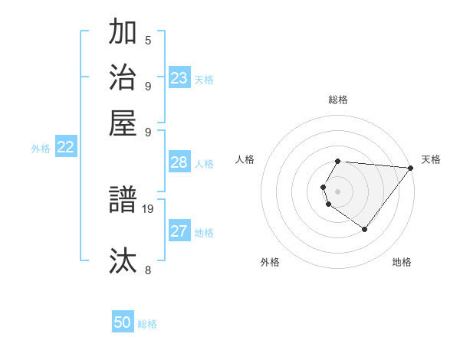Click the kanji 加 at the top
pos(123,33)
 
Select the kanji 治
pos(123,77)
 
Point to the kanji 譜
pos(123,201)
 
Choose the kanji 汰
pos(123,260)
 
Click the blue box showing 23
pos(179,78)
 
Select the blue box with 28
pos(179,162)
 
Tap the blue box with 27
pos(179,231)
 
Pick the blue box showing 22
pos(65,147)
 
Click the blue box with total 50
pos(123,322)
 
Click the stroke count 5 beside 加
pos(148,40)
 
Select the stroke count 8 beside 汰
pos(148,270)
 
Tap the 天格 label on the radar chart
pos(431,159)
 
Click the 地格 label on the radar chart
pos(402,262)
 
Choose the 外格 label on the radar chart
pos(270,262)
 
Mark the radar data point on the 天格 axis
pos(411,169)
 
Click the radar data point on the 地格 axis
pos(364,229)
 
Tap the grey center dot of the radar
pos(337,191)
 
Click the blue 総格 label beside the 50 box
pos(147,324)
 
